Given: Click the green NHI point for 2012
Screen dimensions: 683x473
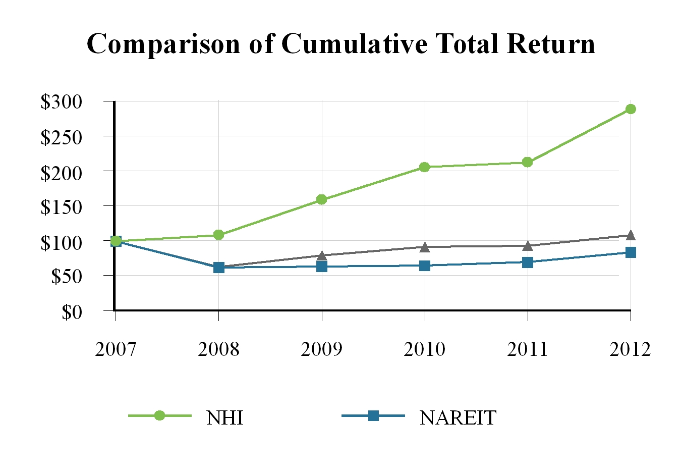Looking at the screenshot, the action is click(x=631, y=109).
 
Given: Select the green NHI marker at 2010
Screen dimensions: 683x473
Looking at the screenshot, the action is click(x=424, y=167).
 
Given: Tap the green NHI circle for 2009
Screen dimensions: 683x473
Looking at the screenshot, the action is click(x=322, y=199).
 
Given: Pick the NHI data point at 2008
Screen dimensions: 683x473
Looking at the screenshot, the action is click(x=218, y=235).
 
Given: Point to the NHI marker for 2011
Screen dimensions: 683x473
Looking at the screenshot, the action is click(x=528, y=162).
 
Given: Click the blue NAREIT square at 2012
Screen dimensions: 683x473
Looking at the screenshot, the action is click(x=631, y=252).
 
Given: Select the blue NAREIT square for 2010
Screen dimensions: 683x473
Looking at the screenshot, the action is click(x=424, y=266).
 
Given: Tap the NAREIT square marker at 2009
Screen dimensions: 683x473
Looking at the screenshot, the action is click(x=322, y=267).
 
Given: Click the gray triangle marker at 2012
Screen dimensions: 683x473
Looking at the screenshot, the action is click(x=631, y=235).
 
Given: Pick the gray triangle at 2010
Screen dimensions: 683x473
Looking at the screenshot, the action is click(x=424, y=247).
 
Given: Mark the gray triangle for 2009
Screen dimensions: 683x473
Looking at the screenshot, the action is click(x=322, y=256).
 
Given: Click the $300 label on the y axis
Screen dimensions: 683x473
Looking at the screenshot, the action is click(x=61, y=102).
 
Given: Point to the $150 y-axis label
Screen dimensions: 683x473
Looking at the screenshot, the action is click(x=61, y=207).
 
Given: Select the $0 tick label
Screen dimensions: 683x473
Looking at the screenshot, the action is click(x=72, y=312).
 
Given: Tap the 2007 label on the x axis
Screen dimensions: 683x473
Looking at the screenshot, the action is click(x=116, y=349).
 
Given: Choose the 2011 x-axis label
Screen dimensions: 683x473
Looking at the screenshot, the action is click(x=528, y=349).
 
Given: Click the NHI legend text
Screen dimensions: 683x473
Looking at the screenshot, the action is click(x=224, y=417).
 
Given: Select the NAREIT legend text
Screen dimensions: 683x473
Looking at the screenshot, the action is click(x=458, y=417).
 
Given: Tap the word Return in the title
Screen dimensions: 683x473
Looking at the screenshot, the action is click(x=551, y=43).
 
